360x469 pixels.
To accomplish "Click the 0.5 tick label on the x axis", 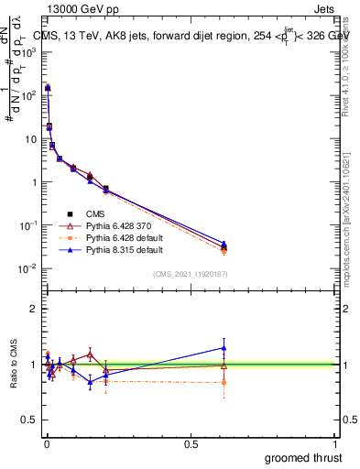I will pos(191,442).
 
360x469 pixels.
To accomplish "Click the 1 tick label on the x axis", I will pos(336,442).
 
